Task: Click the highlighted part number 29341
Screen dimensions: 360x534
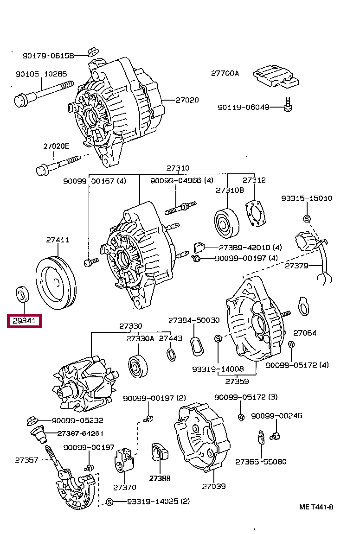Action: tap(24, 320)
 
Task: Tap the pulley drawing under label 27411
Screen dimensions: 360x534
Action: tap(56, 283)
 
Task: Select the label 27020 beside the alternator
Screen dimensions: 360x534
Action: tap(187, 100)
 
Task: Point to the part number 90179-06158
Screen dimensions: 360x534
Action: tap(48, 56)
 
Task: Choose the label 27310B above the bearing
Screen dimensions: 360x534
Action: tap(230, 191)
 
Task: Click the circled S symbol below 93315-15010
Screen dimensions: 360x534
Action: tap(307, 218)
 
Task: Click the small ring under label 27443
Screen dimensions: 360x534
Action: tap(171, 355)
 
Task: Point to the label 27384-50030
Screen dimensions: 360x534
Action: tap(194, 320)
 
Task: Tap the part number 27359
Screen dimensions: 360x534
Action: tap(237, 381)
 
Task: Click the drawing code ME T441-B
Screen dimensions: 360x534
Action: tap(316, 507)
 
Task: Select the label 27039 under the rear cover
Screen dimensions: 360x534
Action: tap(214, 486)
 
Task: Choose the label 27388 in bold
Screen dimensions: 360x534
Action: tap(160, 478)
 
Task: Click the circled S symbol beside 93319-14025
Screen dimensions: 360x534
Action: tap(109, 502)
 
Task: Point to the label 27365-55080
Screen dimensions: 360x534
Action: tap(261, 462)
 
